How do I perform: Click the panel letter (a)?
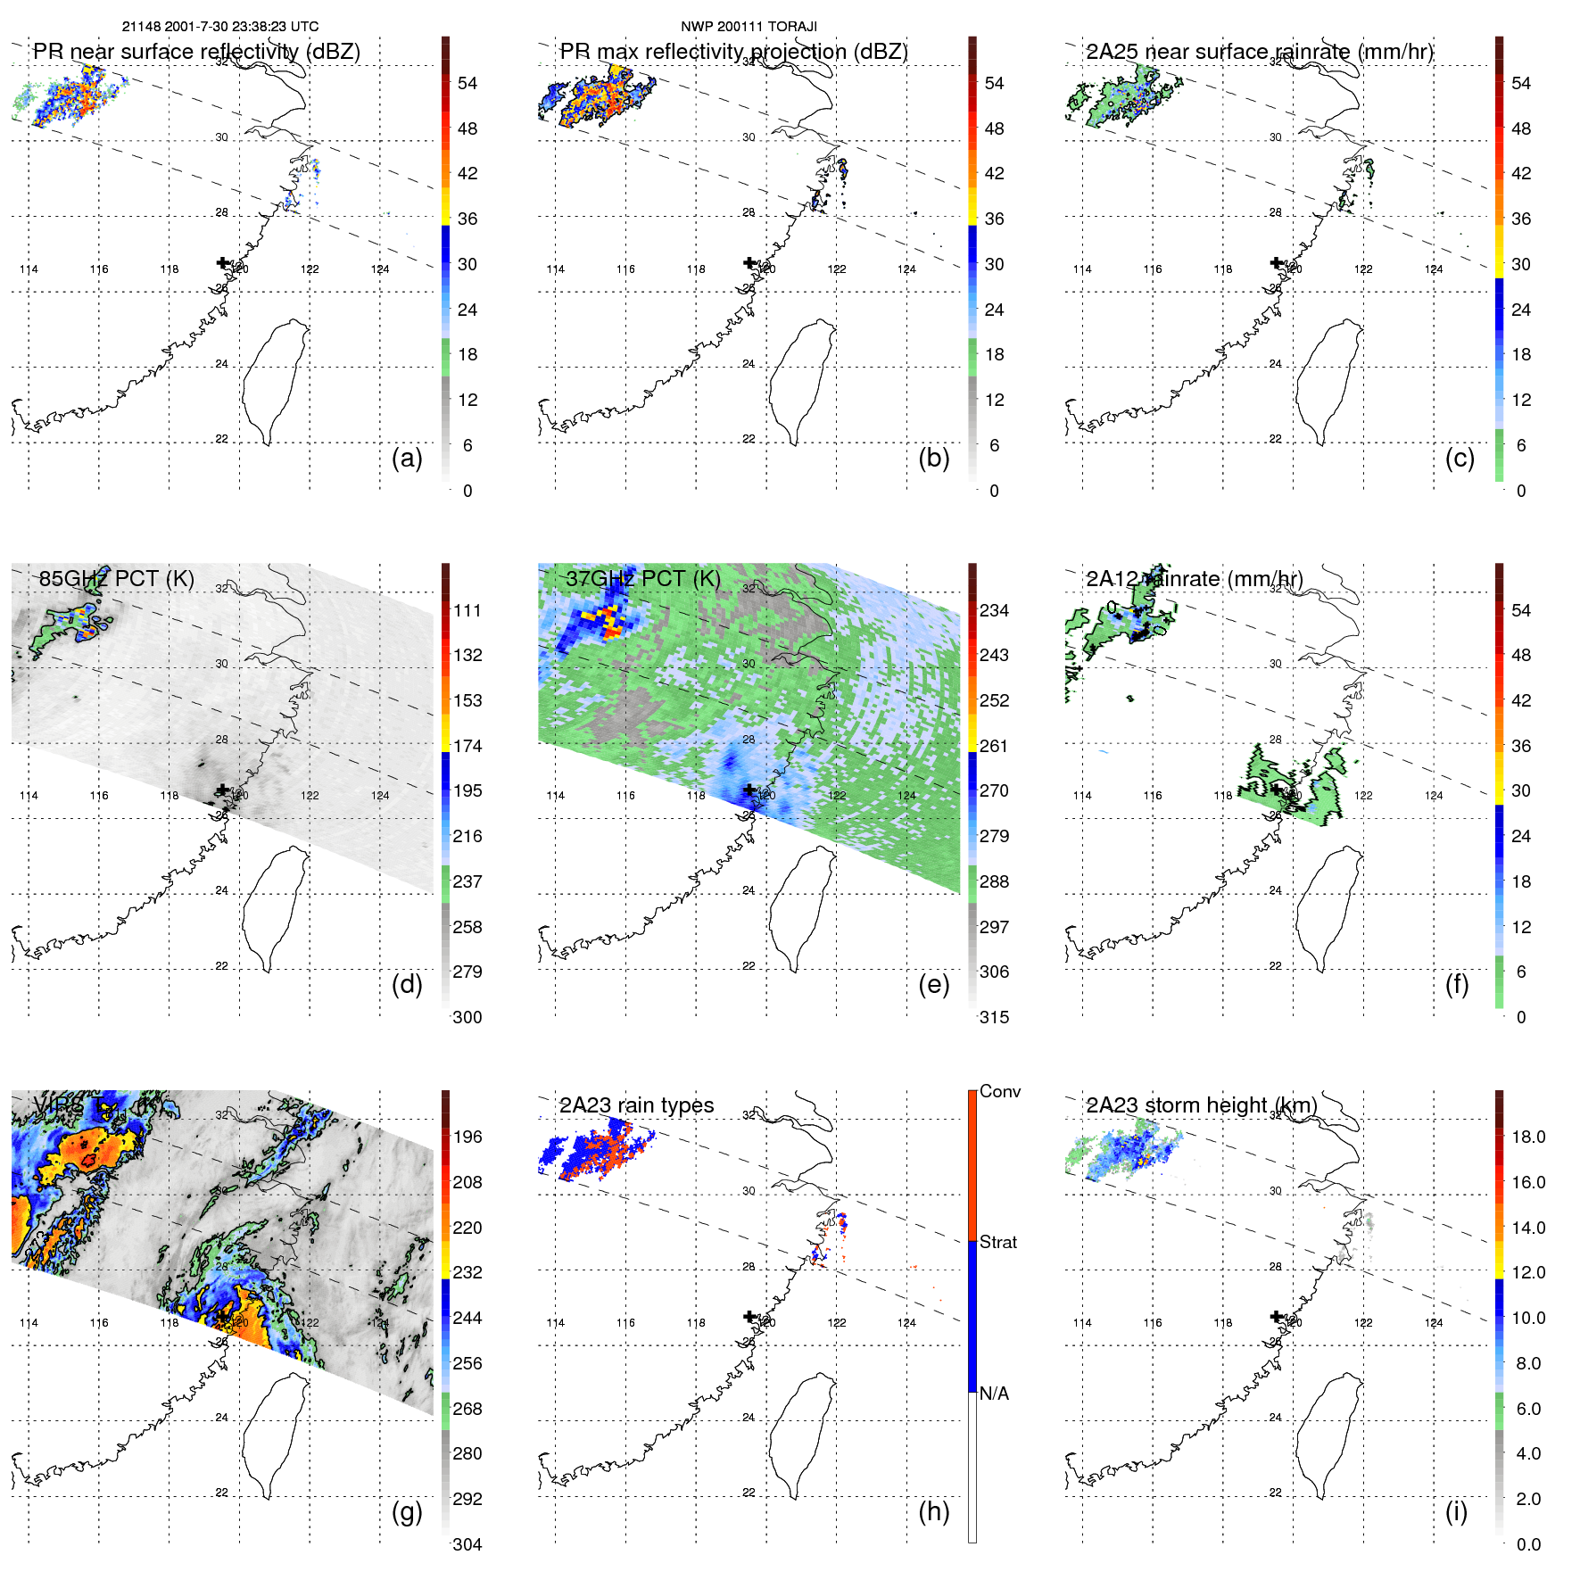[x=407, y=458]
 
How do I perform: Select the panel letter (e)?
[x=933, y=984]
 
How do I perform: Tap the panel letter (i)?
[x=1456, y=1511]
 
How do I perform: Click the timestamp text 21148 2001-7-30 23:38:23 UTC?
[x=220, y=27]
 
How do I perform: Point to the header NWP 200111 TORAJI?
[x=749, y=27]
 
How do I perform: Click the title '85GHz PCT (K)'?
[x=117, y=578]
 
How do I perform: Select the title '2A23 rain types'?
[x=636, y=1105]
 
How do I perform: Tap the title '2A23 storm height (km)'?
[x=1201, y=1105]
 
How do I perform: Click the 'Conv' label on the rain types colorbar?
[x=999, y=1091]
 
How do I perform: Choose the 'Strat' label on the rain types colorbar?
[x=997, y=1242]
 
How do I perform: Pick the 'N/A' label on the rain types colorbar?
[x=994, y=1394]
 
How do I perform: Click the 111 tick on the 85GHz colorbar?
[x=467, y=610]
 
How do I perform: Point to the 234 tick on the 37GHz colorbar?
[x=994, y=610]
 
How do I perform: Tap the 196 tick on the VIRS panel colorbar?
[x=467, y=1137]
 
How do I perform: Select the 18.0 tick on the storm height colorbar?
[x=1527, y=1137]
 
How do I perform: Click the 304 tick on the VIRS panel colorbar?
[x=467, y=1544]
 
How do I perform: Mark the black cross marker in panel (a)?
[x=222, y=262]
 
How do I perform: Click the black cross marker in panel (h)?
[x=749, y=1316]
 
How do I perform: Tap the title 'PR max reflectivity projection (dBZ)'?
[x=733, y=52]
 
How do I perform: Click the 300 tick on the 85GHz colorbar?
[x=467, y=1017]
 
